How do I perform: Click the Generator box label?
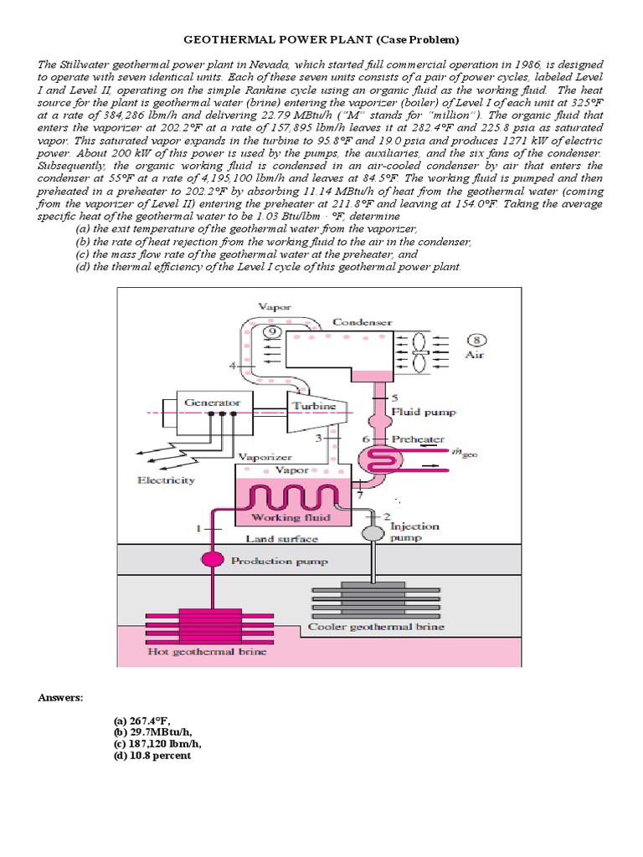point(212,402)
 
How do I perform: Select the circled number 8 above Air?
point(477,340)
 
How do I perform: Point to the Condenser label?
point(362,321)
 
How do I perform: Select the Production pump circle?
point(212,560)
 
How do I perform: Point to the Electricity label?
point(166,480)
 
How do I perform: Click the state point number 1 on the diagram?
point(198,528)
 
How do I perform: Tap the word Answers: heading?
point(61,696)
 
